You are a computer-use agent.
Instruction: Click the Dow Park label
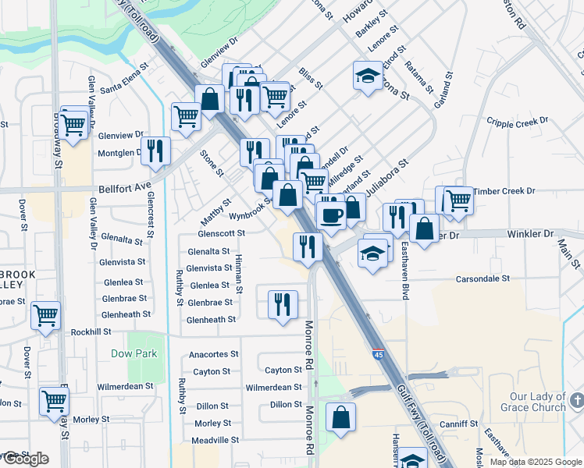(134, 353)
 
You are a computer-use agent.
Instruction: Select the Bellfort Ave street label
(124, 188)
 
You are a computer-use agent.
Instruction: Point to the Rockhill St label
(91, 331)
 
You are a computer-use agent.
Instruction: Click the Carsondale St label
(483, 278)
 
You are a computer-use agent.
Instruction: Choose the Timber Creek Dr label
(504, 190)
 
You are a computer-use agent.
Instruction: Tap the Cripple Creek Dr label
(518, 122)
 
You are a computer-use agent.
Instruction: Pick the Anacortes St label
(214, 354)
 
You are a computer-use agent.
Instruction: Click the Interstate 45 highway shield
(377, 355)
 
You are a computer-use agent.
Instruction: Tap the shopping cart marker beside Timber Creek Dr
(458, 200)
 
